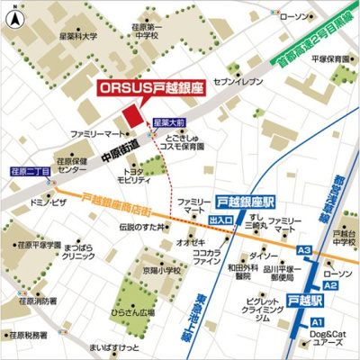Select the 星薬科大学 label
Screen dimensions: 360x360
pyautogui.click(x=79, y=39)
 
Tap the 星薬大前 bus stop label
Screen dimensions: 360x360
pyautogui.click(x=168, y=120)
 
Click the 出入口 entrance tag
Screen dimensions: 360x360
pyautogui.click(x=220, y=219)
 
